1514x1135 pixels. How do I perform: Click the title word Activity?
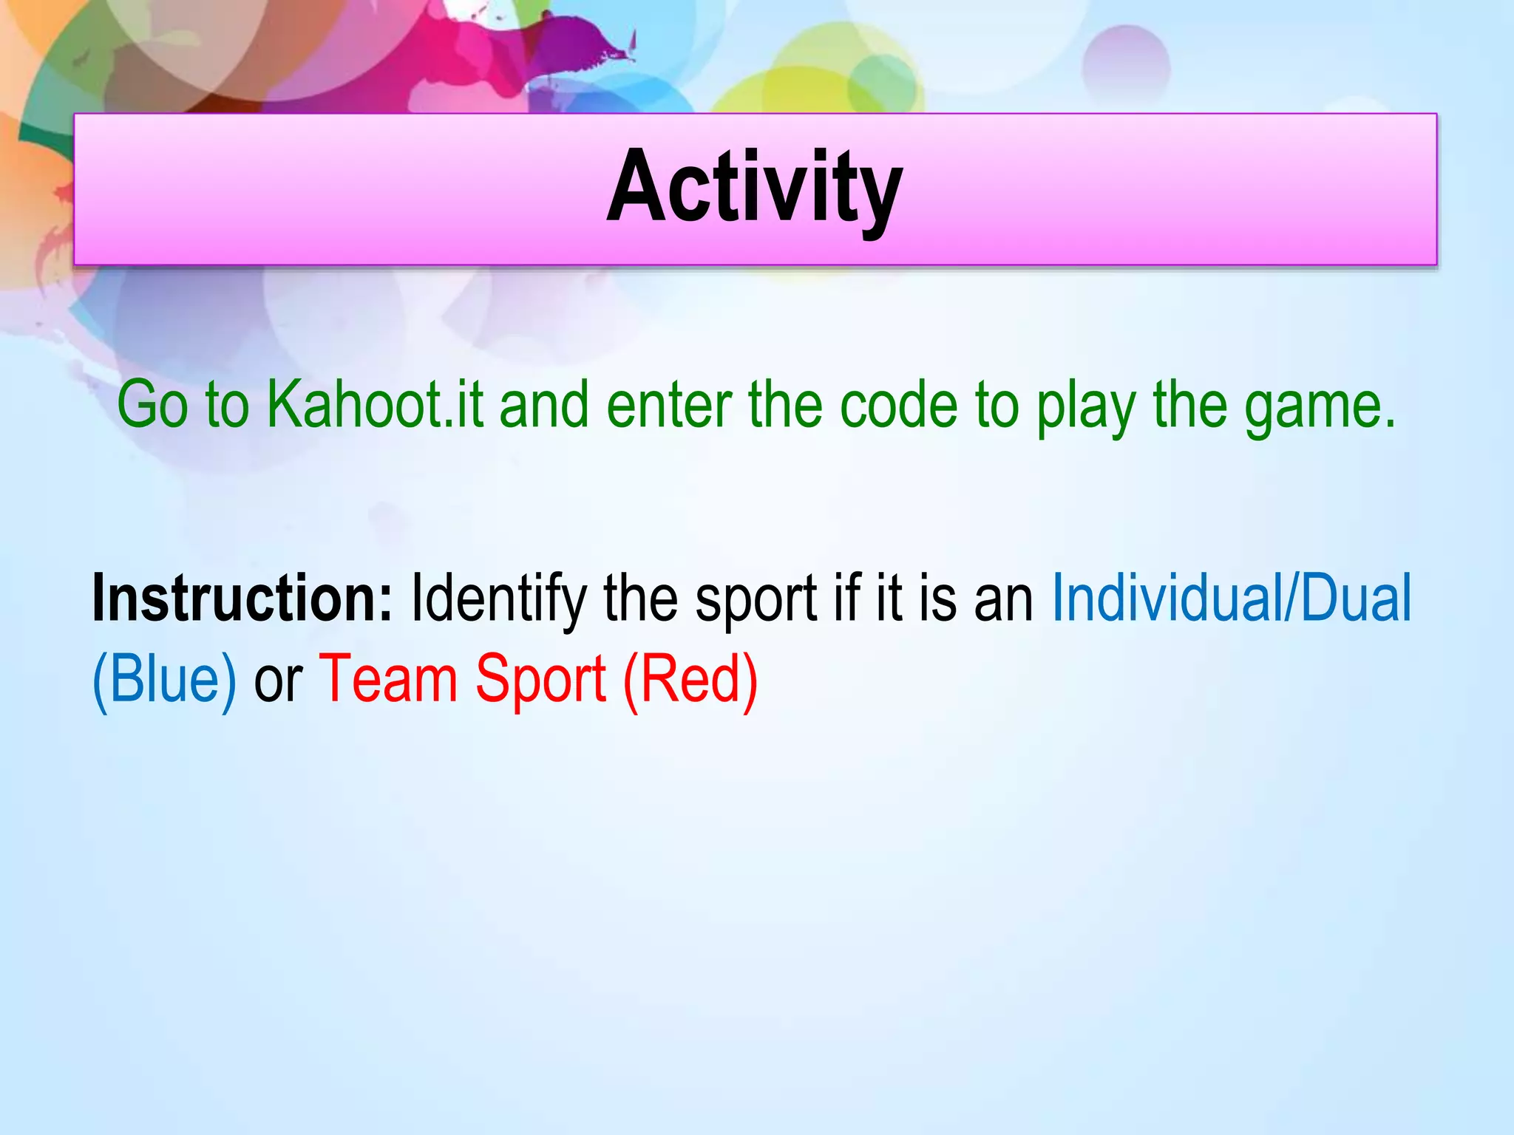point(754,188)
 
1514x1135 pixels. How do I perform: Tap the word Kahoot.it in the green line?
point(375,405)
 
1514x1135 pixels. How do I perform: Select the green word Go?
point(152,405)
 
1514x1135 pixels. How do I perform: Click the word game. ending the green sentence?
point(1320,408)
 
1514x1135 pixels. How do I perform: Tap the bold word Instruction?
point(242,599)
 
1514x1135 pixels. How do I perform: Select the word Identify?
point(499,600)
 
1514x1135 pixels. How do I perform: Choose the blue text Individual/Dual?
point(1231,599)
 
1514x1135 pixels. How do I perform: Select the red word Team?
point(388,680)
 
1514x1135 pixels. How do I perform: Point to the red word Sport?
point(540,681)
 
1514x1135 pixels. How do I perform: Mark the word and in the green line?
point(544,405)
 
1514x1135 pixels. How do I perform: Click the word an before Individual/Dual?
point(1004,601)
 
